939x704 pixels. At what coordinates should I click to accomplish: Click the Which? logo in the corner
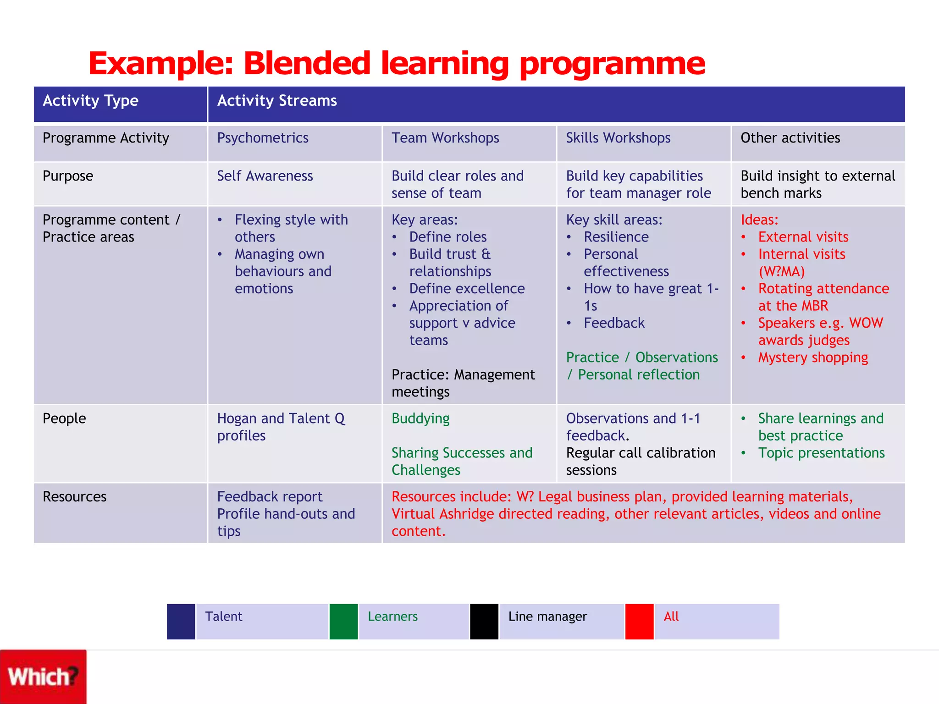coord(43,676)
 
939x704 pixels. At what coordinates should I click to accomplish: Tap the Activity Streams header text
coord(277,101)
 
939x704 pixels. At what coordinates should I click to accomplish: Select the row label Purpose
coord(68,176)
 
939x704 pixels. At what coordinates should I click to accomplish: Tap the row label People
coord(64,418)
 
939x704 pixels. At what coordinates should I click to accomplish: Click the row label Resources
coord(74,497)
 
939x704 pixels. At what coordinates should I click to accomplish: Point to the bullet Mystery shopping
coord(813,357)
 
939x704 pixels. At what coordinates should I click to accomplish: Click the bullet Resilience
coord(616,237)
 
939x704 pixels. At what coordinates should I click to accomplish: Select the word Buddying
coord(420,418)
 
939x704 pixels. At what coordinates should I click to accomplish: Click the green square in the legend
coord(343,621)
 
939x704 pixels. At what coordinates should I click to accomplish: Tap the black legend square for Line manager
coord(484,621)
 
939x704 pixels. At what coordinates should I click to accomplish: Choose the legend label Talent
coord(224,616)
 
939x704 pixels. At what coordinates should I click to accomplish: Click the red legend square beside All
coord(640,621)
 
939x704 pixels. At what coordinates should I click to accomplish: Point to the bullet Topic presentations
coord(821,453)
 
